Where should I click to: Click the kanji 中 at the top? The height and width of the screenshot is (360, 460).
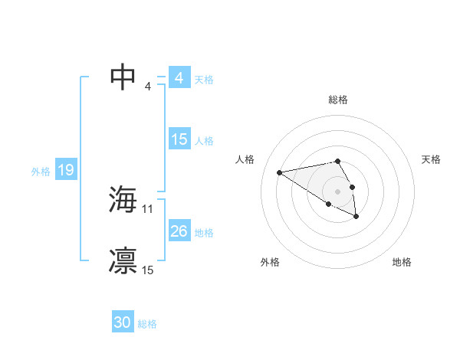tap(123, 77)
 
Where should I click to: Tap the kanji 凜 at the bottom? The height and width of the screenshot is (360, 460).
tap(123, 260)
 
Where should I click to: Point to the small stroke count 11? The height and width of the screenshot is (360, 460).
tap(148, 208)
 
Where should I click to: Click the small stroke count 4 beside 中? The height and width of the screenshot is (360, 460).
tap(148, 86)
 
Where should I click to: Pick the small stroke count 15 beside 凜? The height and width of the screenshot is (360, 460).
tap(148, 270)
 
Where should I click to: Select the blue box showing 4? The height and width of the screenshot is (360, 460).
tap(179, 78)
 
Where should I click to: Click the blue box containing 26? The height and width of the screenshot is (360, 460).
tap(179, 231)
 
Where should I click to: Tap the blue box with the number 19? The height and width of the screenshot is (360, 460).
tap(66, 170)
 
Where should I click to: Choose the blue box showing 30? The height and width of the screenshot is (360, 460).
tap(122, 322)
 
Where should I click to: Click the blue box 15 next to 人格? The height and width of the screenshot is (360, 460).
tap(179, 139)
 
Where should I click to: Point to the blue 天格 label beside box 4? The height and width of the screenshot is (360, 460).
tap(203, 79)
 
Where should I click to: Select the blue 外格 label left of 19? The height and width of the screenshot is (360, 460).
tap(41, 172)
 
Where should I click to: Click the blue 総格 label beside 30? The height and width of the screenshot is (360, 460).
tap(147, 324)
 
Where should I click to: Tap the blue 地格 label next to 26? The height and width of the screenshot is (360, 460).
tap(204, 233)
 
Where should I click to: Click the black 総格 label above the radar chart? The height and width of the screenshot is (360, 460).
tap(338, 100)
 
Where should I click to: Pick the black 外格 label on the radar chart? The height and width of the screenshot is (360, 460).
tap(270, 263)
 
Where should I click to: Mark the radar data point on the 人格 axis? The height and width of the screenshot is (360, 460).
tap(280, 172)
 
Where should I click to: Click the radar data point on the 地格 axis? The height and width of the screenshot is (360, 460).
tap(356, 217)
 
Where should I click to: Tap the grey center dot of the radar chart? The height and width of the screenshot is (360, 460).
tap(337, 191)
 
